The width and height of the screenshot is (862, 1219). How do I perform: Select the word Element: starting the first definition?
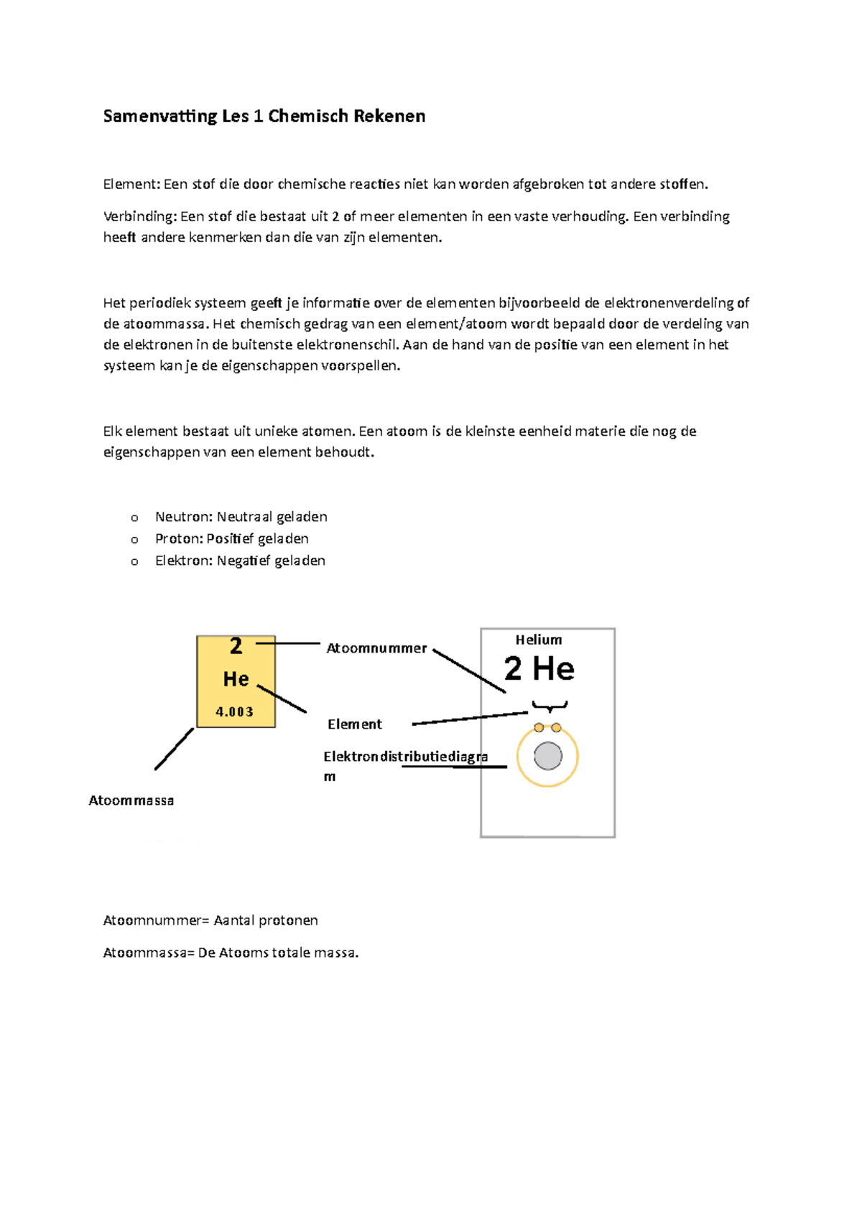[x=131, y=184]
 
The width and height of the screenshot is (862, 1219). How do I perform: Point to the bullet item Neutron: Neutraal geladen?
[x=241, y=517]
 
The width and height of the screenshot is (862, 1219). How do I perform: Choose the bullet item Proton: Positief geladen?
[x=231, y=538]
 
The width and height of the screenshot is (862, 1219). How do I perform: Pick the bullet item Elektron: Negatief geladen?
[x=240, y=561]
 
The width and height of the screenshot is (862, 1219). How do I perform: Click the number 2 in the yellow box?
[x=236, y=646]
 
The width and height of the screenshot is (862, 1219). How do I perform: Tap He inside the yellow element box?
[x=236, y=678]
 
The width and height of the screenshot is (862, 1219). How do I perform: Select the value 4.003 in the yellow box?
[x=235, y=711]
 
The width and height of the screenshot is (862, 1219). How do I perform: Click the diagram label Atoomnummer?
[x=376, y=648]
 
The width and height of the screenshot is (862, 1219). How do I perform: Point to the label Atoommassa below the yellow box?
[x=131, y=800]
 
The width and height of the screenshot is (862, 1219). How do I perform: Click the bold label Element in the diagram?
[x=355, y=724]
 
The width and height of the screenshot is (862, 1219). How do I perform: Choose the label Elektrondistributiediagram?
[x=404, y=757]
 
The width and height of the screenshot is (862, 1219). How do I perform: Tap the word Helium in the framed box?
[x=539, y=640]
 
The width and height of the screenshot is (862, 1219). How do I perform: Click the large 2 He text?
[x=539, y=669]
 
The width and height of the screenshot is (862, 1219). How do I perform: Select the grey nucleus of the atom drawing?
[x=548, y=756]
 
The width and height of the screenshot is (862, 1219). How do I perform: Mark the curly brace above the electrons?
[x=550, y=706]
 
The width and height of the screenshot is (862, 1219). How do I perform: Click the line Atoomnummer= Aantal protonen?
[x=210, y=920]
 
